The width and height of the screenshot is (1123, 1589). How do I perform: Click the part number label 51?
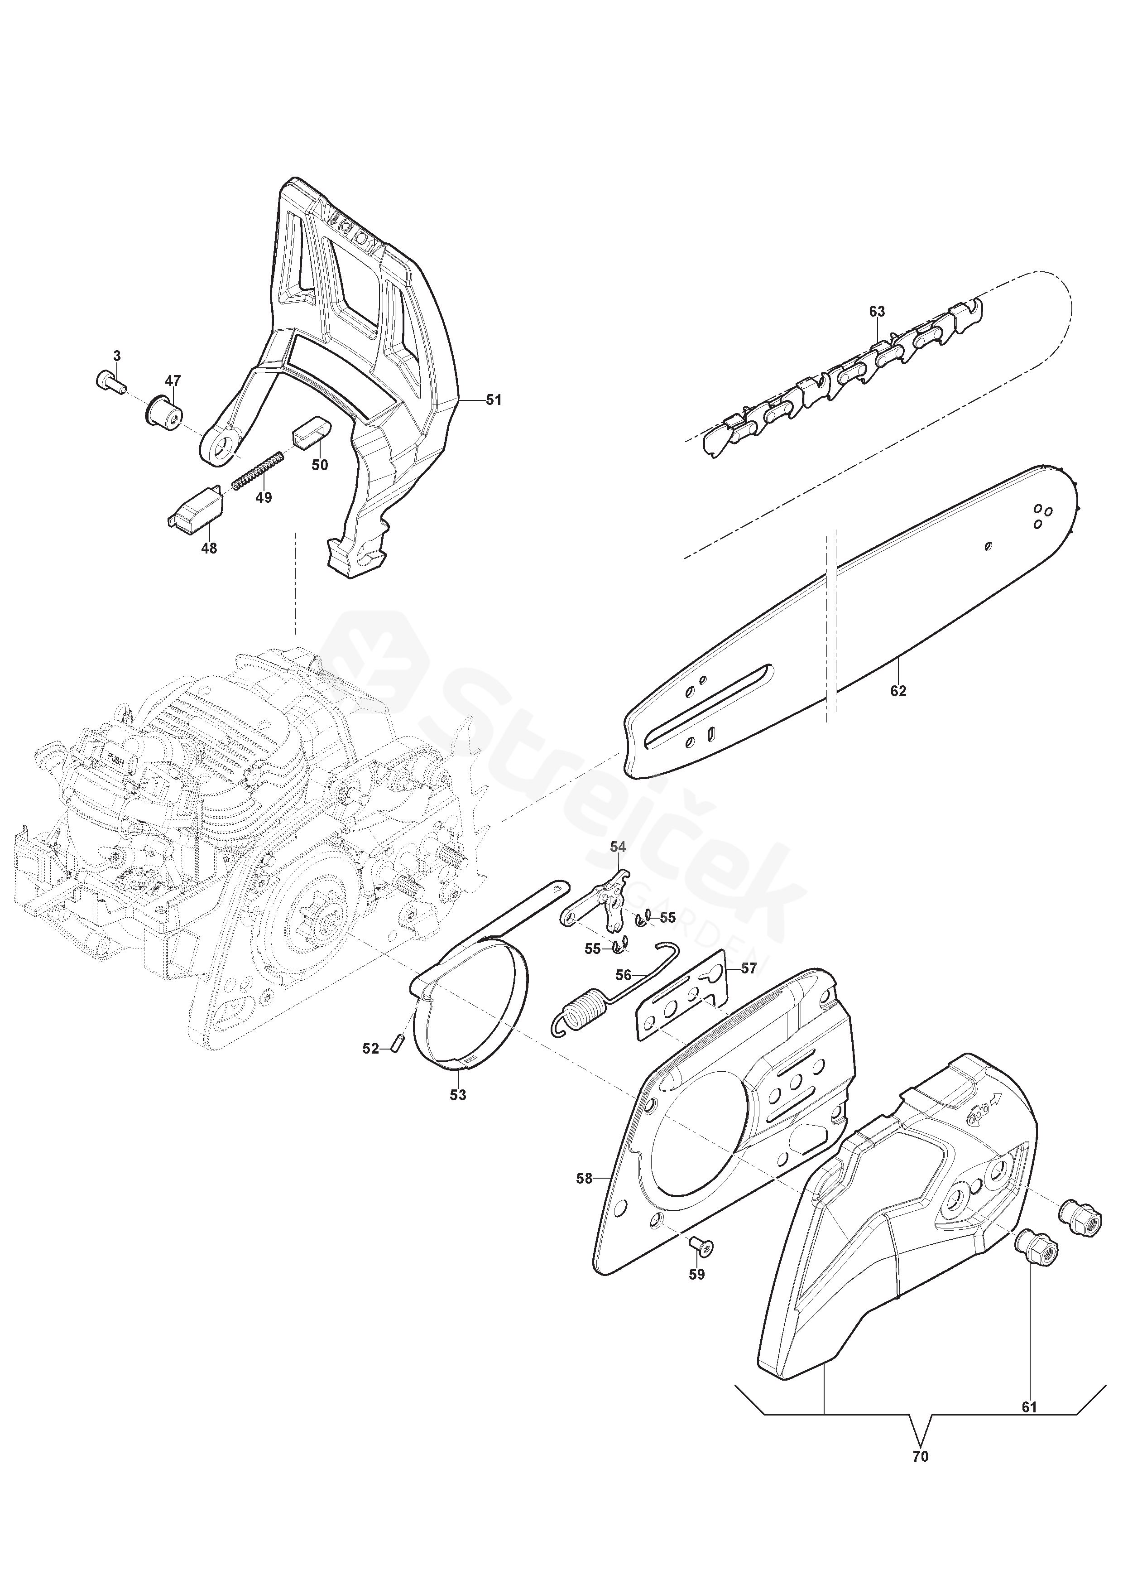[x=493, y=400]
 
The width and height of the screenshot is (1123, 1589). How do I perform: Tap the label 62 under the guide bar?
[x=898, y=691]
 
